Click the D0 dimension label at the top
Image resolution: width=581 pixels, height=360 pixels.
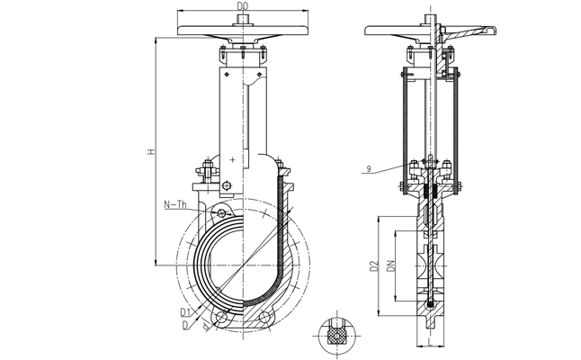(x=242, y=6)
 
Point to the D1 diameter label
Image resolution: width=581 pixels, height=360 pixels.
(x=183, y=311)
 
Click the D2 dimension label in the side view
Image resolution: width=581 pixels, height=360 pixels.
(x=371, y=267)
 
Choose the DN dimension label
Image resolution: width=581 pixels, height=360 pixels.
(x=390, y=267)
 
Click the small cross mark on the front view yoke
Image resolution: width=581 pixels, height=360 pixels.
(x=233, y=159)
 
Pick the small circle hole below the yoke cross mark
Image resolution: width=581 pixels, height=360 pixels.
(x=227, y=187)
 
